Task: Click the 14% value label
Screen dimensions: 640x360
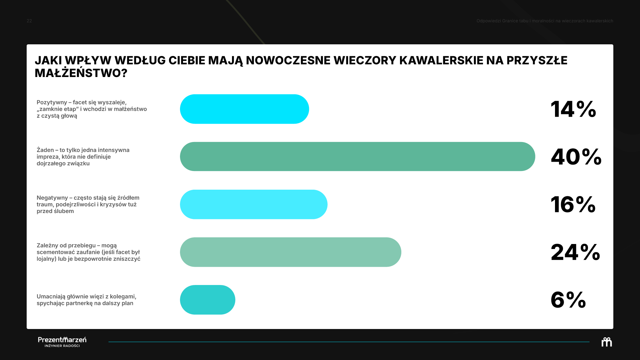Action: [573, 109]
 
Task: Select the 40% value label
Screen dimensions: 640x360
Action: [576, 157]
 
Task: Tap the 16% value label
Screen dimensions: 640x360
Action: [573, 204]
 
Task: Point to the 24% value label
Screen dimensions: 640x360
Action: [575, 252]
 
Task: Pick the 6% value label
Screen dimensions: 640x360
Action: [568, 300]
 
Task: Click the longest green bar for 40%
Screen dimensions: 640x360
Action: [358, 157]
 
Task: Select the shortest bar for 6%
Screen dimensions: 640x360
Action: [208, 300]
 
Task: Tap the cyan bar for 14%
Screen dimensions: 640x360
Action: [244, 109]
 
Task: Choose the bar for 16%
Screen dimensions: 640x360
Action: [254, 204]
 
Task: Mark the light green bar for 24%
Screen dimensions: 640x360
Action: [291, 252]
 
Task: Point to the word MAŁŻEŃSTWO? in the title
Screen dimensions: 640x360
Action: [81, 73]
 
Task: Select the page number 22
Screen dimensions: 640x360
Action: [29, 21]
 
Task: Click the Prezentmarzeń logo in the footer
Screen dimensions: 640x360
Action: [62, 342]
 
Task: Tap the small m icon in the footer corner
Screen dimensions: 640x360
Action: [607, 342]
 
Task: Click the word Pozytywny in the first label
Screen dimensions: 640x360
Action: [52, 102]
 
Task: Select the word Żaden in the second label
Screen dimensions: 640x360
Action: [45, 150]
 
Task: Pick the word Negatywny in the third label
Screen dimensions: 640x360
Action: [52, 198]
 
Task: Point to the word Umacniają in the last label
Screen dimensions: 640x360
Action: [51, 296]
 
